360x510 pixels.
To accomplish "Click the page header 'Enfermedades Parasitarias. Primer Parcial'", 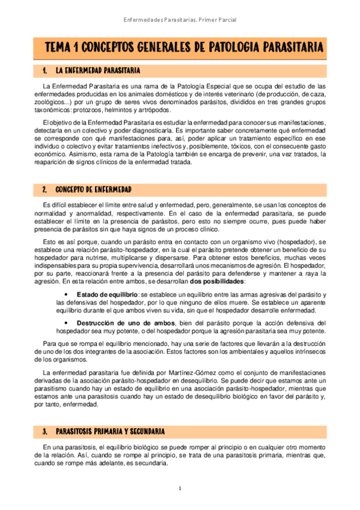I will (x=180, y=20).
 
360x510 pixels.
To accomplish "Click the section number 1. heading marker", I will (x=45, y=72).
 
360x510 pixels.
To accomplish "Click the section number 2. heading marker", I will (x=45, y=189).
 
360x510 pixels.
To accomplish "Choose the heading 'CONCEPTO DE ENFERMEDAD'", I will (x=93, y=189).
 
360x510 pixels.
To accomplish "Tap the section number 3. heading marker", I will (x=45, y=432).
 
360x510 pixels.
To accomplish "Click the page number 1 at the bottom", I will (x=180, y=488).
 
